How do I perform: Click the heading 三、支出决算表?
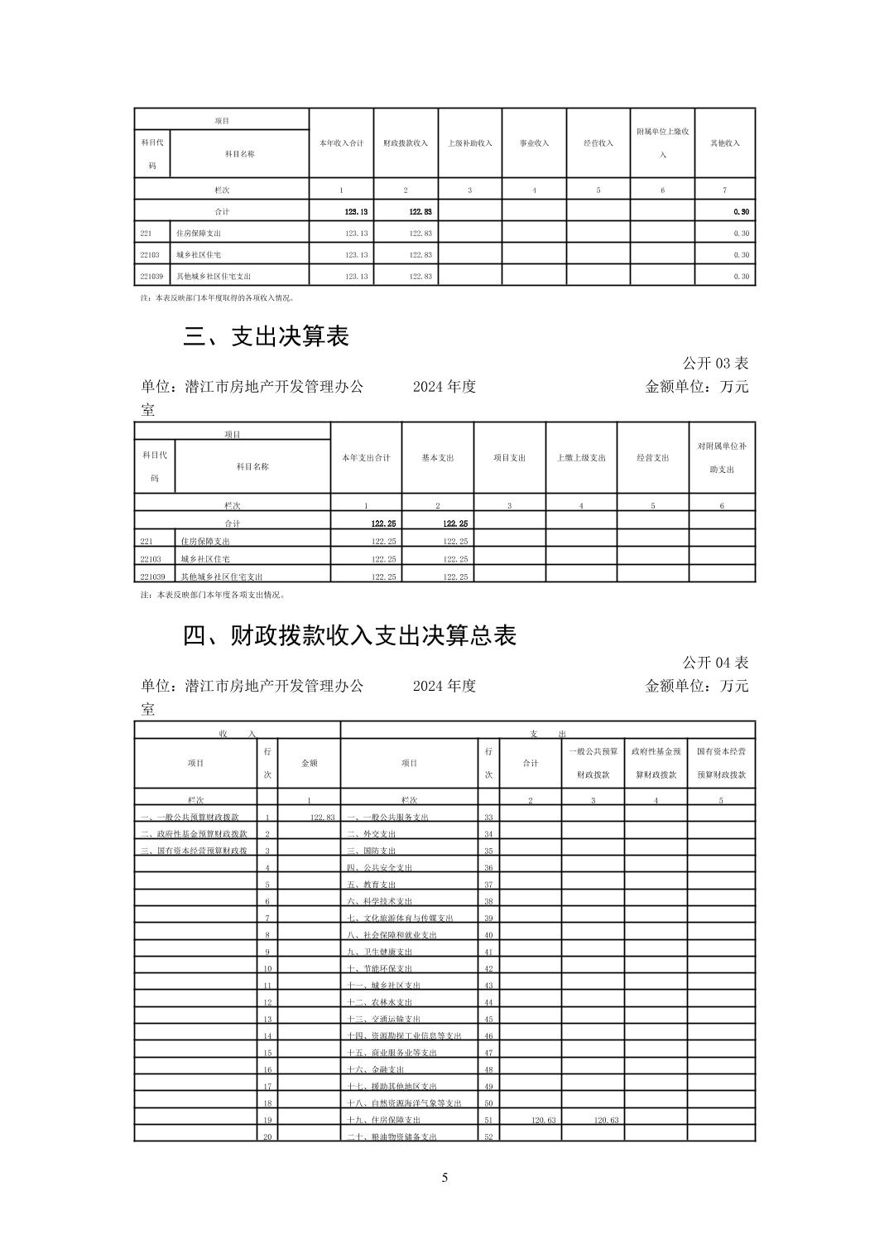click(x=267, y=336)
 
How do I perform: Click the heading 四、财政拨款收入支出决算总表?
click(x=350, y=635)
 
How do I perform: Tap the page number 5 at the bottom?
click(x=444, y=1178)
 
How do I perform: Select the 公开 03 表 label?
click(x=715, y=363)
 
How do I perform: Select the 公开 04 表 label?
click(x=715, y=663)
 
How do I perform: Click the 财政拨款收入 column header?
click(x=406, y=143)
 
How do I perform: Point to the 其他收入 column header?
click(x=724, y=143)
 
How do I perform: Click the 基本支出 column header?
click(x=438, y=458)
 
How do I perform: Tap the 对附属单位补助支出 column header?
click(x=722, y=458)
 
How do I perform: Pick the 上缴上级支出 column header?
click(x=581, y=458)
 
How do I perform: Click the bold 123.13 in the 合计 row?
click(x=357, y=212)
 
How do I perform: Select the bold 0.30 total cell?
click(x=741, y=212)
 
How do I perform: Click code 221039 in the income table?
click(x=152, y=277)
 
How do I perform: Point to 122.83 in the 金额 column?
click(x=322, y=818)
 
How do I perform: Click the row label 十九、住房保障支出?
click(x=384, y=1120)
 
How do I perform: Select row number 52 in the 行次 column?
click(x=488, y=1137)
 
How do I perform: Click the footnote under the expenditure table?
click(x=213, y=595)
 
